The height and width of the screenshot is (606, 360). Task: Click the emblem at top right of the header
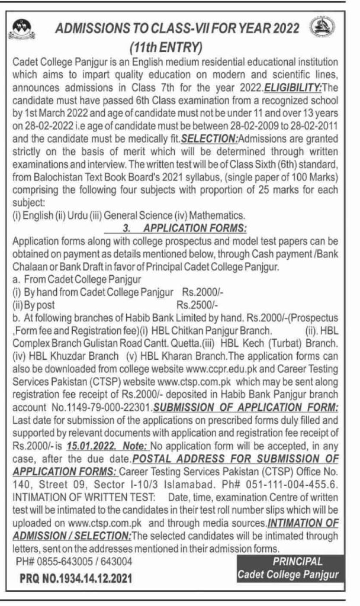323,27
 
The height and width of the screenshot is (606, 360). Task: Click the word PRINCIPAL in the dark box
297,561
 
